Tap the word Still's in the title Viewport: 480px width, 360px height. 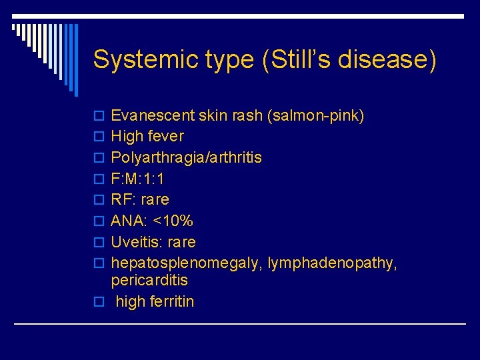click(x=291, y=59)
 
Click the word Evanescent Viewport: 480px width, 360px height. click(x=153, y=116)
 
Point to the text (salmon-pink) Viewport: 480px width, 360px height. click(x=315, y=116)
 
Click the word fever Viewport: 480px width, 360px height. click(x=166, y=137)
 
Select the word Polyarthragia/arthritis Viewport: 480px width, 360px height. click(x=186, y=158)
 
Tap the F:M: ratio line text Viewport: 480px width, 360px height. click(x=137, y=179)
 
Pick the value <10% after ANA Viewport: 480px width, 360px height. click(x=173, y=221)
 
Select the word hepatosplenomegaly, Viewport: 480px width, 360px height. click(x=187, y=263)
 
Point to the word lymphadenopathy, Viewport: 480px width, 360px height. click(x=332, y=263)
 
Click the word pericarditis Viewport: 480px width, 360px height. click(x=149, y=280)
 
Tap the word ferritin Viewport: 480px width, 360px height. click(x=172, y=301)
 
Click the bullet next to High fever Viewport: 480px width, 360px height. click(x=99, y=137)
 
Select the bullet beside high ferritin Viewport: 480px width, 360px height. click(x=99, y=301)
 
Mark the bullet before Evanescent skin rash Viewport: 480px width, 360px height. click(x=99, y=116)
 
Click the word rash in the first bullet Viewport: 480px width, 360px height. click(x=246, y=116)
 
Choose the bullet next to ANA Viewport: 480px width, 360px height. click(x=99, y=221)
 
